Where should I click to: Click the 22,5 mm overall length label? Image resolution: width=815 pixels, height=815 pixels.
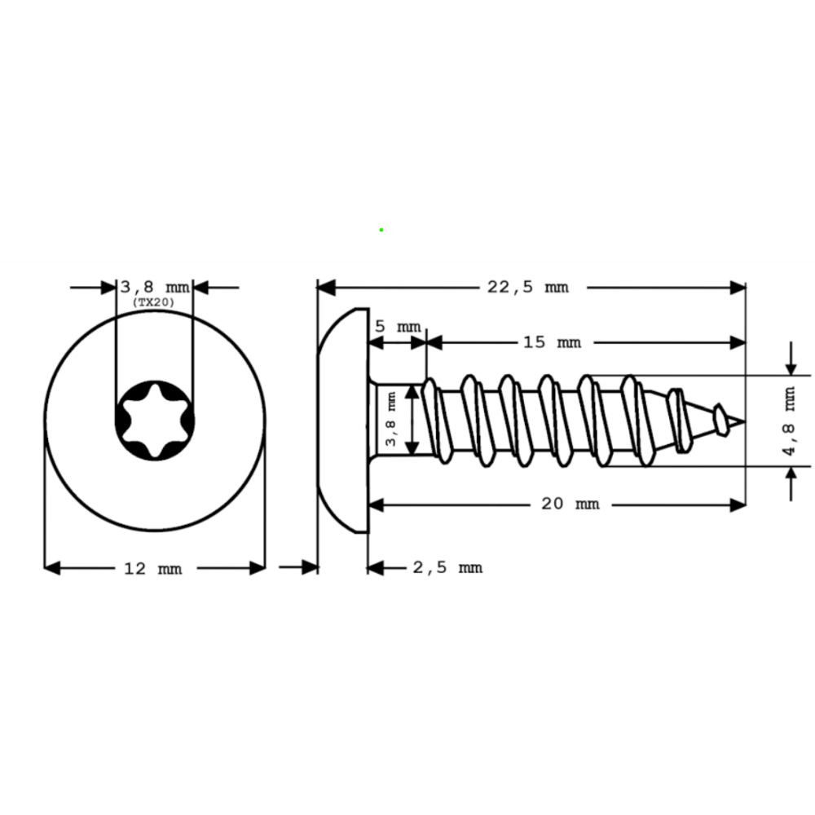[527, 287]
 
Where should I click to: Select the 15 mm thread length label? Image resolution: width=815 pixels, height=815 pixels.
[552, 342]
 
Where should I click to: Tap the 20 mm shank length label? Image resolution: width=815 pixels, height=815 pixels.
[570, 504]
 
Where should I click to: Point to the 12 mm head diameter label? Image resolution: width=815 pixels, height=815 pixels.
[152, 568]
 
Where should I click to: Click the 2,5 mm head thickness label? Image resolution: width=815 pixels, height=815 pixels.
[447, 567]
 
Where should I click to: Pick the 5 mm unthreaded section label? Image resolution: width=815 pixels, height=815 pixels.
[398, 326]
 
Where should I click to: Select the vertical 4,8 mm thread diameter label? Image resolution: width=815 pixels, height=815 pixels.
[789, 422]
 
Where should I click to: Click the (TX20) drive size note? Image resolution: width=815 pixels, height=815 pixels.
[153, 302]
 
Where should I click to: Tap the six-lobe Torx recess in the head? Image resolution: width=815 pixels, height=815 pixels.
[154, 421]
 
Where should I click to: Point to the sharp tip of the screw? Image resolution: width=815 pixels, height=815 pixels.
[742, 421]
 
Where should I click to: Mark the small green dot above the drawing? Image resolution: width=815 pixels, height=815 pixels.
[381, 230]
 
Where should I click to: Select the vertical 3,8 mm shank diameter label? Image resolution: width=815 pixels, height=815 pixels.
[391, 420]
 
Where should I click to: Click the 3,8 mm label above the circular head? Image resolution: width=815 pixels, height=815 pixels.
[154, 287]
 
